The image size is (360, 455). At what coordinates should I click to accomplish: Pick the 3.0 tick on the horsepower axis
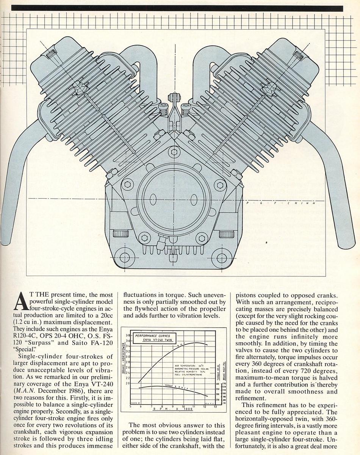point(128,357)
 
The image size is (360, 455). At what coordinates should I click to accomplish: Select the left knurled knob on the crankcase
point(120,234)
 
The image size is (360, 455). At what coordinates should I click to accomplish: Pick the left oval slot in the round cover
point(153,199)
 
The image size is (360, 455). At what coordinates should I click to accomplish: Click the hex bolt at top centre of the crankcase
point(174,152)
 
